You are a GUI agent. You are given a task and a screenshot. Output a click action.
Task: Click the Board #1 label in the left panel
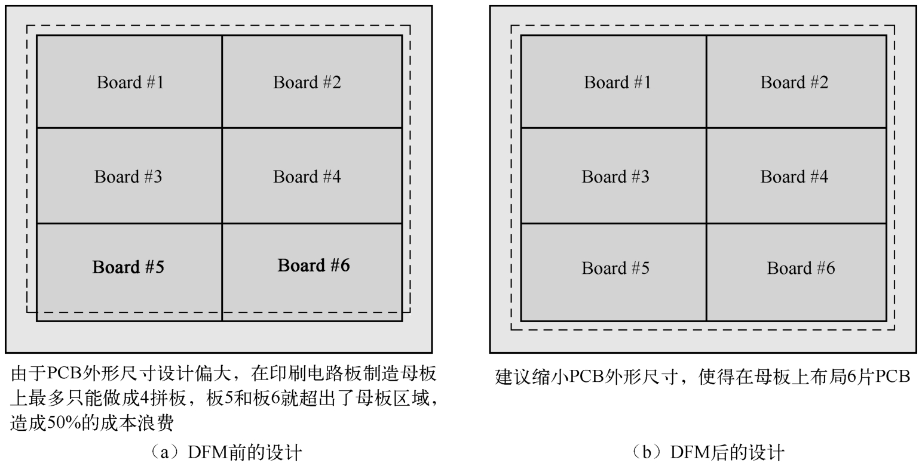pos(130,82)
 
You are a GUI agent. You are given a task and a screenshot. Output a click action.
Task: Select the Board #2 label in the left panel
pos(307,82)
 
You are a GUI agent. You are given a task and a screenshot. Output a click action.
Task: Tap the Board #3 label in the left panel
pos(128,177)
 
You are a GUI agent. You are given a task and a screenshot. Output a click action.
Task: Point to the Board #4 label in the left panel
pos(307,177)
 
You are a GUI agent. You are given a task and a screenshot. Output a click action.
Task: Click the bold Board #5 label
pos(128,267)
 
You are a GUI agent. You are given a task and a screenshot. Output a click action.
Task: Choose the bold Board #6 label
pos(314,265)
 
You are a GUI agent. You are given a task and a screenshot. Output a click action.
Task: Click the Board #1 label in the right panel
pos(617,82)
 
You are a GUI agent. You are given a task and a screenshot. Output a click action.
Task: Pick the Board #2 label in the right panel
pos(794,82)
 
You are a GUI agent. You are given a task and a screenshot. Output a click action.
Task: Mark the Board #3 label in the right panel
pos(615,177)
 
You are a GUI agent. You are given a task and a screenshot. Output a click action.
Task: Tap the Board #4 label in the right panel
pos(794,177)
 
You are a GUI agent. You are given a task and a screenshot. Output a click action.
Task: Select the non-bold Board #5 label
pos(615,268)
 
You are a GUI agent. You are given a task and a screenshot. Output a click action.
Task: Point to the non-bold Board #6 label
pos(801,268)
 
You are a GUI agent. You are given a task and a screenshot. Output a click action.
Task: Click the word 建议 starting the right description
pos(507,377)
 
